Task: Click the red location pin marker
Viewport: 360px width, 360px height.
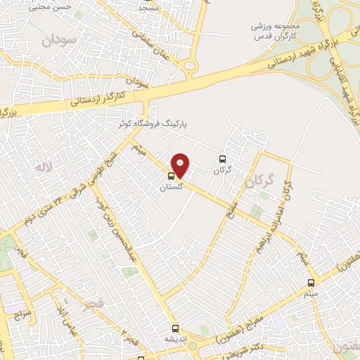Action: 181,165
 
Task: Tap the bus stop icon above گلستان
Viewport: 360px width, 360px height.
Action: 172,176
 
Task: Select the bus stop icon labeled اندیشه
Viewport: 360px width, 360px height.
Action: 175,328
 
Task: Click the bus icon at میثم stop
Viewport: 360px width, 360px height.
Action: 311,283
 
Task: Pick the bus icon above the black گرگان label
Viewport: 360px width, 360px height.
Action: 222,159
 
